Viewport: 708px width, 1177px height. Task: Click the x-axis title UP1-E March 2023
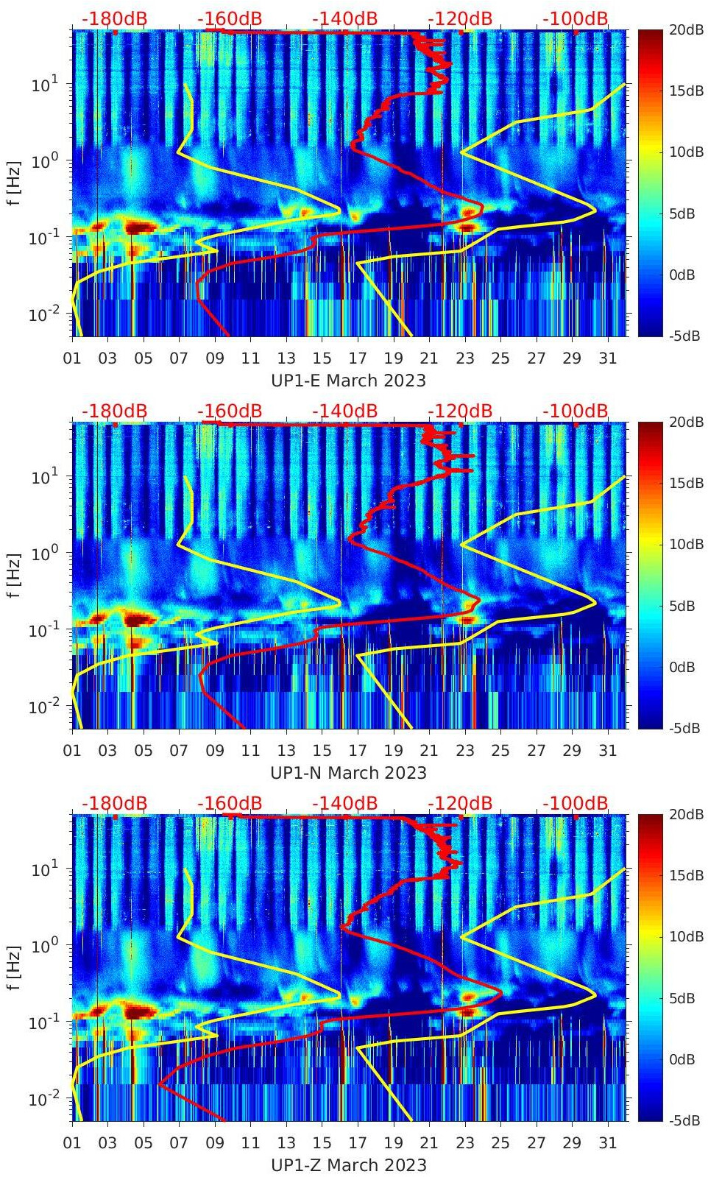click(349, 380)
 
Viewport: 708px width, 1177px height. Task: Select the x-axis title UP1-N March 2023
click(349, 772)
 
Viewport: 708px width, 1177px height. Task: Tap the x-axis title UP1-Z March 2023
click(349, 1164)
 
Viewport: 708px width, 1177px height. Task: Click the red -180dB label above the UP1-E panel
click(114, 18)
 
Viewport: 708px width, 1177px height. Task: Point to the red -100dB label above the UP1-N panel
click(576, 411)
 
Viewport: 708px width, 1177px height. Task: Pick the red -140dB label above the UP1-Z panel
click(344, 803)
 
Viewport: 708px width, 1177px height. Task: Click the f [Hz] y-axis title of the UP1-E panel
click(15, 183)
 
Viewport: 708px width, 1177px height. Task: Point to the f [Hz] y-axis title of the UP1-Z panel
click(15, 967)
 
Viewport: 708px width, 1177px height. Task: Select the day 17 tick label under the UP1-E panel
click(358, 358)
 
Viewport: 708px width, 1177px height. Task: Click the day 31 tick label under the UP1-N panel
click(607, 751)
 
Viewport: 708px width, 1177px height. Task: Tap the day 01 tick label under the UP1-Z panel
click(72, 1143)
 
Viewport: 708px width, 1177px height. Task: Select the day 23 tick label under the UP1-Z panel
click(464, 1143)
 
